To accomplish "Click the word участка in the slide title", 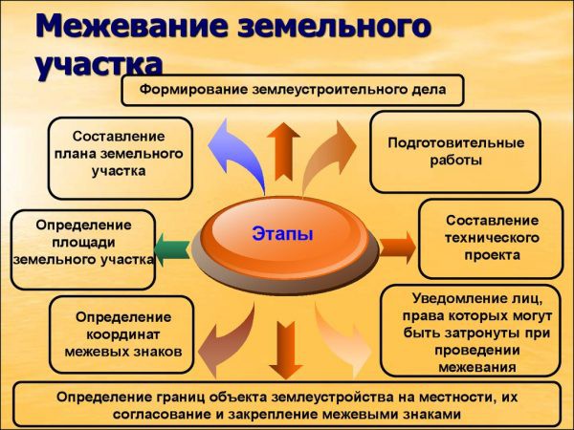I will [99, 65].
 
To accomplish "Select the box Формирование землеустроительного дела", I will [294, 91].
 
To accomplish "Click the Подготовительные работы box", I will [455, 151].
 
